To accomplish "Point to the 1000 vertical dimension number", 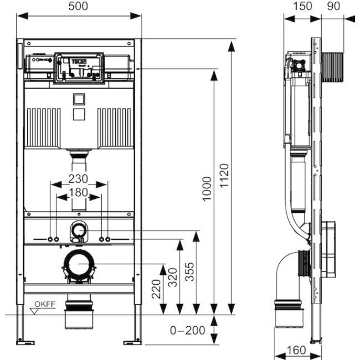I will click(x=206, y=189).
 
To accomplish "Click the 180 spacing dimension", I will click(x=79, y=192).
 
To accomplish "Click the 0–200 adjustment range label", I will click(x=187, y=331).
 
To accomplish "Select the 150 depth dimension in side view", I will click(x=302, y=7).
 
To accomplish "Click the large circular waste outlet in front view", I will click(x=79, y=264).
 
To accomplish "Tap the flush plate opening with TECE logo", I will click(x=79, y=68).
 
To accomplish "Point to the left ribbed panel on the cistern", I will click(x=44, y=126).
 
